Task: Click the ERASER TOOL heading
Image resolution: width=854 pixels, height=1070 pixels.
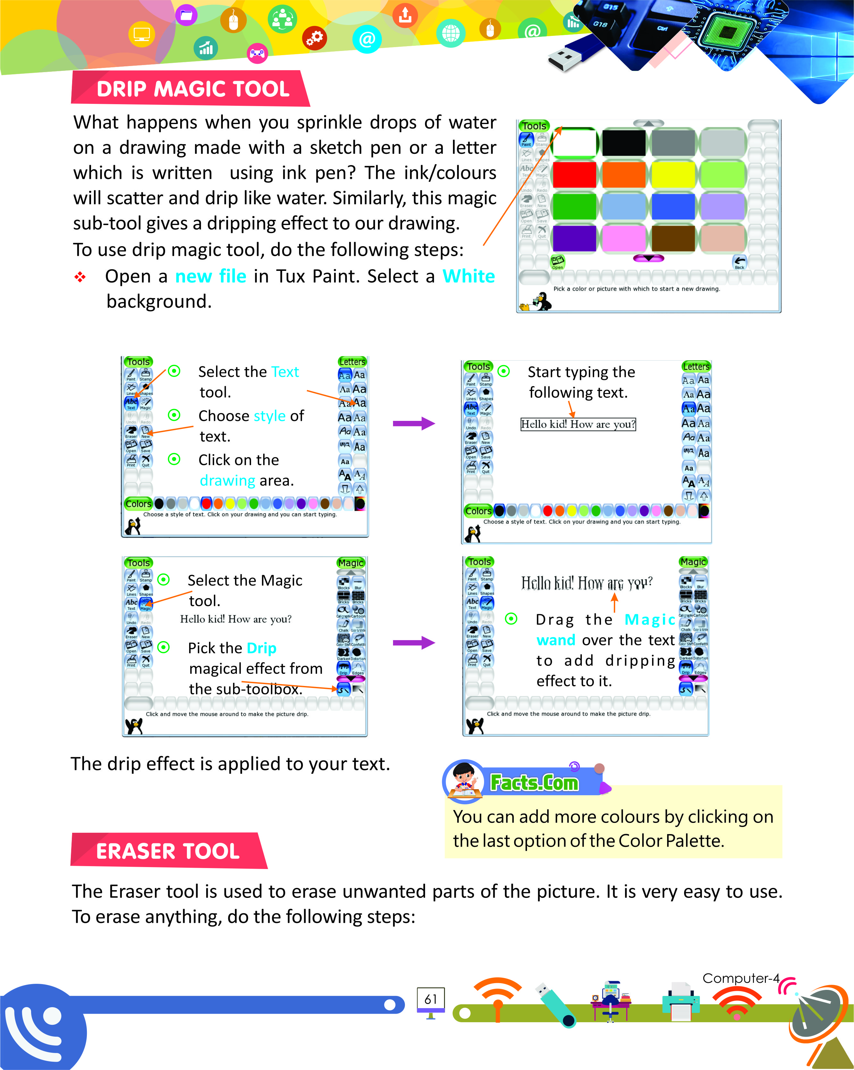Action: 168,851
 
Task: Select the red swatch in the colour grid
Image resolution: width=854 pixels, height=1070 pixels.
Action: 574,175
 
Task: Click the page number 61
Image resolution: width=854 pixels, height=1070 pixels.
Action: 431,999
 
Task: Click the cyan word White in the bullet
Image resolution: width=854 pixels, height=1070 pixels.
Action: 468,276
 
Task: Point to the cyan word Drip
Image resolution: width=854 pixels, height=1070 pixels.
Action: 262,648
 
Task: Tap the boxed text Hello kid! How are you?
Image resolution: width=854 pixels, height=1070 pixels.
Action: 578,424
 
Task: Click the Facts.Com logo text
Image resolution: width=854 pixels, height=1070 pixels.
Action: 534,783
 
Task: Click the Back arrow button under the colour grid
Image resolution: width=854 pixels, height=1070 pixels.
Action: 739,262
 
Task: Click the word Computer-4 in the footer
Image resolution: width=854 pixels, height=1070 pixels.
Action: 741,978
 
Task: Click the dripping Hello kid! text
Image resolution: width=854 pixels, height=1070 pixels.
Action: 587,583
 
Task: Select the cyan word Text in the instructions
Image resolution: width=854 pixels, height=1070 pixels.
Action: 285,372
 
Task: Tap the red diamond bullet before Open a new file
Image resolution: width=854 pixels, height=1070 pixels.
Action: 80,277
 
